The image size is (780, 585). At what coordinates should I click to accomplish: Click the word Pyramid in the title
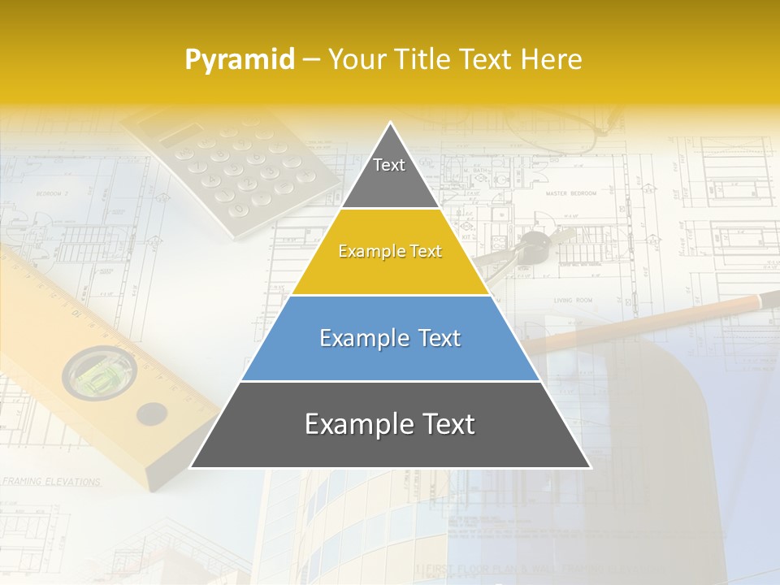(x=240, y=60)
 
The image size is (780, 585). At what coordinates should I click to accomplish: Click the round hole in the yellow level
(x=152, y=414)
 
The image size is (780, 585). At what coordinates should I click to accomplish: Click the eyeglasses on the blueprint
(x=561, y=130)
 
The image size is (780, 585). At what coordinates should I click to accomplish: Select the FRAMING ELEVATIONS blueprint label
(x=50, y=481)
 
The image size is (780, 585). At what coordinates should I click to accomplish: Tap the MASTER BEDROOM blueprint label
(x=570, y=194)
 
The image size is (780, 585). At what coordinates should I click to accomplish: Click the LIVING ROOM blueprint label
(x=573, y=301)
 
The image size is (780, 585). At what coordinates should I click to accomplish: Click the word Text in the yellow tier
(x=425, y=252)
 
